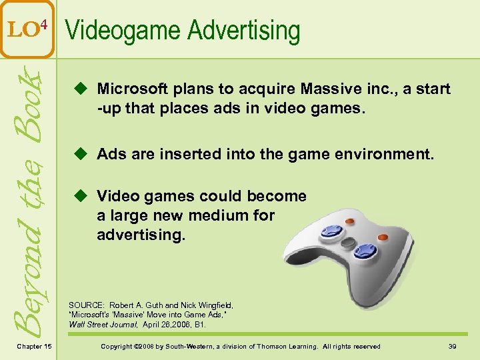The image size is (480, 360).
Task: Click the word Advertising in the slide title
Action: (244, 31)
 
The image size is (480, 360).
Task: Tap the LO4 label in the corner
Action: (28, 30)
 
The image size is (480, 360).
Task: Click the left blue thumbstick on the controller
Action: (331, 231)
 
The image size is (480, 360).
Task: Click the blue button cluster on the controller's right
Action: (365, 251)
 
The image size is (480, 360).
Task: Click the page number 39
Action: (452, 346)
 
